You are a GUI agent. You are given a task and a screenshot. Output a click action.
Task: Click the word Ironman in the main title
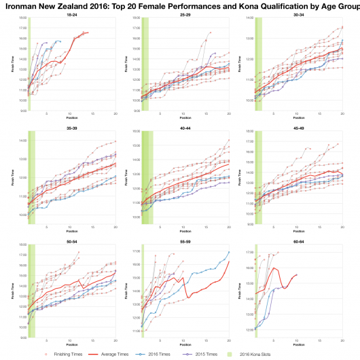pos(23,5)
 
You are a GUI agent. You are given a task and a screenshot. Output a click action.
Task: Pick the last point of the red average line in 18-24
pos(88,33)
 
